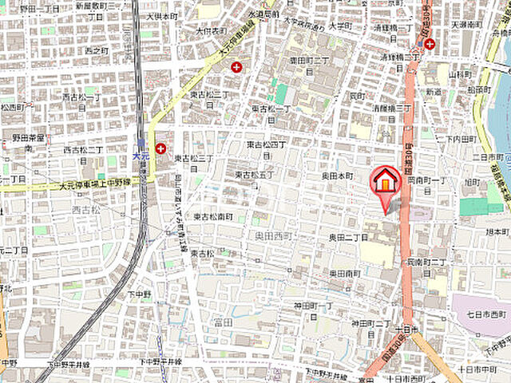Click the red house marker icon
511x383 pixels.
pyautogui.click(x=386, y=181)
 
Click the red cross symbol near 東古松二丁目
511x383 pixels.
pyautogui.click(x=236, y=67)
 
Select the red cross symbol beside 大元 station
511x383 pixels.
pyautogui.click(x=161, y=148)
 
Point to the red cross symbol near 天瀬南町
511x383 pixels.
pyautogui.click(x=430, y=44)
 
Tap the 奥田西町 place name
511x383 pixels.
pyautogui.click(x=272, y=237)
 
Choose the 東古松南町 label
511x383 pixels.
pyautogui.click(x=212, y=216)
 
